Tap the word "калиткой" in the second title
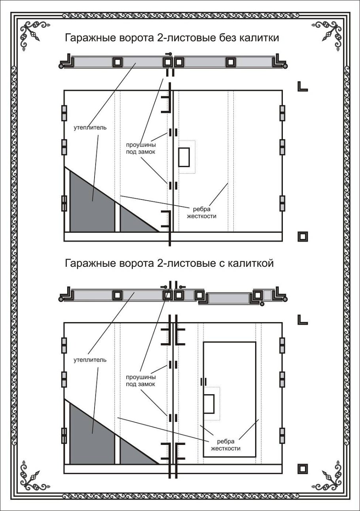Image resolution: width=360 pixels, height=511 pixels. click(x=251, y=263)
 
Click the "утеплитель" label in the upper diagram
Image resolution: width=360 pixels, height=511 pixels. click(x=90, y=128)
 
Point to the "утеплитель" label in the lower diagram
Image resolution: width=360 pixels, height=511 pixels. click(x=90, y=360)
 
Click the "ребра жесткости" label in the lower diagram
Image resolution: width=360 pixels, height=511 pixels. click(x=226, y=445)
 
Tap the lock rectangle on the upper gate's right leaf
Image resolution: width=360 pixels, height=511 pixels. click(x=184, y=157)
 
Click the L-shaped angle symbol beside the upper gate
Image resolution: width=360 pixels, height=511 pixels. click(x=303, y=87)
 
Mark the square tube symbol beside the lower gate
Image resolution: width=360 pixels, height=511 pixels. click(x=303, y=468)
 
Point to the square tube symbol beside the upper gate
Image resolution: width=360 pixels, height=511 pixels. click(x=303, y=236)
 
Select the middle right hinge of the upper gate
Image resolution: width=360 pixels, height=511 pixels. click(x=282, y=147)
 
